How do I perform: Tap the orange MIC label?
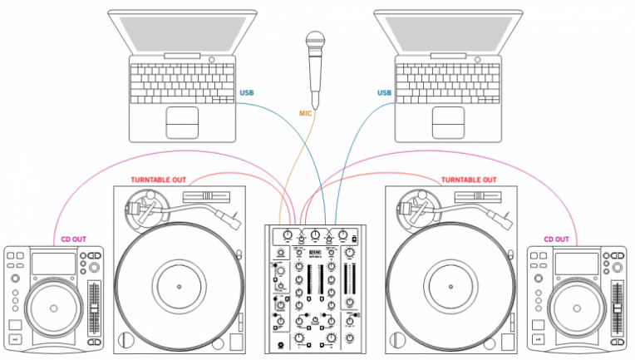coord(307,112)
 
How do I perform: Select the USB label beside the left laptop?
coord(247,92)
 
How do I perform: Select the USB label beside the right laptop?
coord(384,92)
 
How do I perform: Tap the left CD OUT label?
coord(73,240)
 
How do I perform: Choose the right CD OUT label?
coord(560,240)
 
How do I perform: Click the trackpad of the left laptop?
coord(182,121)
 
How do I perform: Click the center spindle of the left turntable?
coord(180,284)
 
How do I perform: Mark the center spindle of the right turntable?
coord(453,284)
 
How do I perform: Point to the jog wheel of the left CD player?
coord(54,308)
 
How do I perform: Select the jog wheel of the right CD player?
coord(578,308)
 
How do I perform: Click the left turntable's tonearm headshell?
coord(232,221)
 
